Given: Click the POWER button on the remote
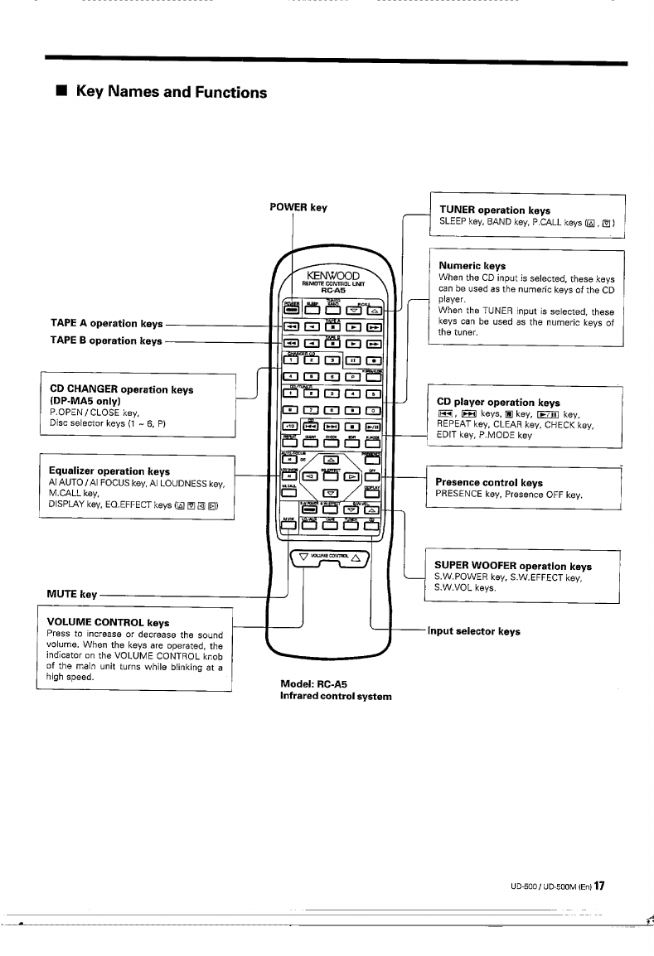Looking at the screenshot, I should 291,311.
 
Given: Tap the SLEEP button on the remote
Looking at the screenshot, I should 312,311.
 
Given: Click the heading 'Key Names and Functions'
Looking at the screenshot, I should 172,91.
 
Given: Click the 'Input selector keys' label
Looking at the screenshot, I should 474,631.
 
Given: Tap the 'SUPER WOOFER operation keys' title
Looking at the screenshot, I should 513,567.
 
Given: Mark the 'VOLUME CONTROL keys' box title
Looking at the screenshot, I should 109,622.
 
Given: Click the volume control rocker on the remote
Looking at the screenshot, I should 332,557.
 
